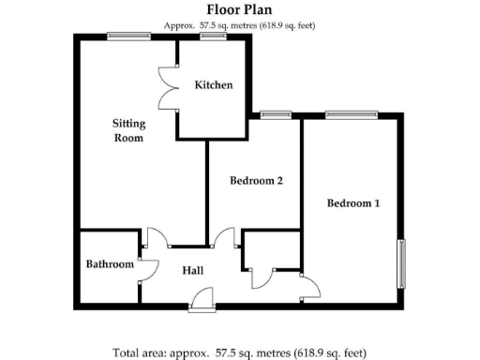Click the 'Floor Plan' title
click(x=239, y=11)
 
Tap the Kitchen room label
click(x=213, y=85)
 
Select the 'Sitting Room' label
click(x=128, y=130)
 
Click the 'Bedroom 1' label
click(x=352, y=202)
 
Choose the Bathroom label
click(x=110, y=264)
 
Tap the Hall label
click(x=193, y=271)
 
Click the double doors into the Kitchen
click(x=169, y=90)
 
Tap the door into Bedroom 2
click(x=224, y=238)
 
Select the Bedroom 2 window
click(x=275, y=115)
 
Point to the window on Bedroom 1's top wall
click(x=352, y=115)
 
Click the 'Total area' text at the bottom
click(x=239, y=352)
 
